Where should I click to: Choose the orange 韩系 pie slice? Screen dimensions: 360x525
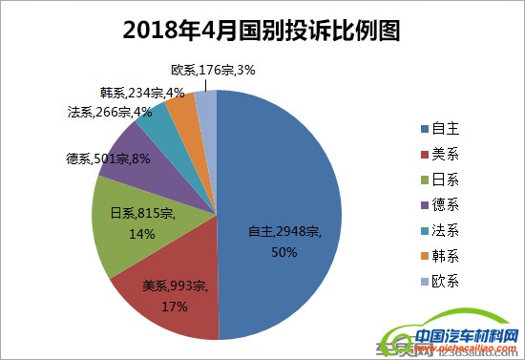(181, 111)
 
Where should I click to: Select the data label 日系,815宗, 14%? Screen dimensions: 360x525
(140, 222)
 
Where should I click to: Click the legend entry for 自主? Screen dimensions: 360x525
(439, 127)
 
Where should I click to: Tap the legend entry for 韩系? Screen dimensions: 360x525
(439, 255)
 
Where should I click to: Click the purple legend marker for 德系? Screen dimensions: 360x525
(424, 204)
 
